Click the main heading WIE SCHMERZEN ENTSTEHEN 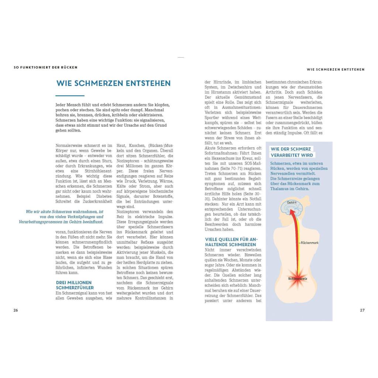(113, 83)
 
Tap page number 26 (16, 310)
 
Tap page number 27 (362, 310)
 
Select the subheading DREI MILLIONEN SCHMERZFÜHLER (75, 285)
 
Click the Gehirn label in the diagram (292, 203)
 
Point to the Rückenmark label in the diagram (309, 243)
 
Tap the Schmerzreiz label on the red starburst (298, 279)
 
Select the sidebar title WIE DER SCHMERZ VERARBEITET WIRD (292, 152)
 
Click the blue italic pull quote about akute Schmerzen (61, 217)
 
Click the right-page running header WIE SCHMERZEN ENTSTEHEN (336, 69)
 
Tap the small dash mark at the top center (181, 58)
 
